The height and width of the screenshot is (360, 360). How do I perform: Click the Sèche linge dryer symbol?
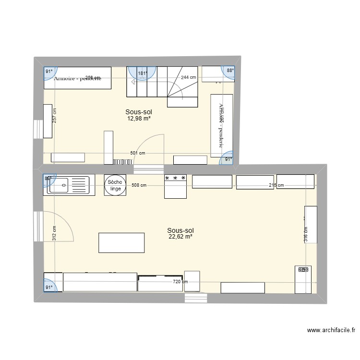coord(115,185)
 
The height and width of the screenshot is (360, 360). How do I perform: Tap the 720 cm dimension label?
coord(180,282)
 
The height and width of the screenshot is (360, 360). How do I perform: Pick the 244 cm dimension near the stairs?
coord(189,77)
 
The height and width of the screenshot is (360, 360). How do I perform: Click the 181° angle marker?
coord(142,73)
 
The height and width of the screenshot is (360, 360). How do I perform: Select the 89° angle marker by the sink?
coord(48,179)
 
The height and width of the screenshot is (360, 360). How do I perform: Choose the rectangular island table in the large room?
coord(121,242)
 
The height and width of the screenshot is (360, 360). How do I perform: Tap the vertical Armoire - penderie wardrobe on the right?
coord(222,125)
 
